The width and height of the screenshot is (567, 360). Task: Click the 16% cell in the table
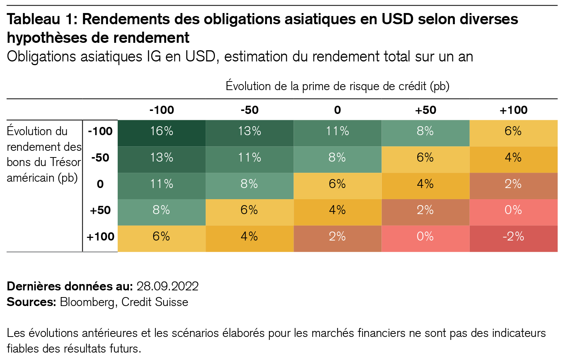(162, 131)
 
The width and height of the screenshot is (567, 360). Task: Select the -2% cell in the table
(513, 237)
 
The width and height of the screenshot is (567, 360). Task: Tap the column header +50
(425, 110)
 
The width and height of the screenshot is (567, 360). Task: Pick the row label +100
(100, 237)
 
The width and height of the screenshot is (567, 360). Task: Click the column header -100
(162, 110)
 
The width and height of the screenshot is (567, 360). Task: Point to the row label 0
(100, 184)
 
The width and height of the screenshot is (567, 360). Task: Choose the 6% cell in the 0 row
(337, 184)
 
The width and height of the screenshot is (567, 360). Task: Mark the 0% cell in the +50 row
(513, 210)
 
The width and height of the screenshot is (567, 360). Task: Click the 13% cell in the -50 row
(162, 157)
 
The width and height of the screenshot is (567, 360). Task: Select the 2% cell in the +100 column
(513, 184)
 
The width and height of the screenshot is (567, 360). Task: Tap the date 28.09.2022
(168, 286)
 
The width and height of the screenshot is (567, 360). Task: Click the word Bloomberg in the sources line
(87, 302)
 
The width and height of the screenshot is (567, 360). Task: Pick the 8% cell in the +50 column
(425, 131)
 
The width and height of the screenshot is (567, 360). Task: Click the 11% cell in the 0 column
(337, 131)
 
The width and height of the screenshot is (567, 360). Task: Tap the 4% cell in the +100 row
(249, 237)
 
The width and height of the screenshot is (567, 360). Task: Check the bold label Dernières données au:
(70, 286)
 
